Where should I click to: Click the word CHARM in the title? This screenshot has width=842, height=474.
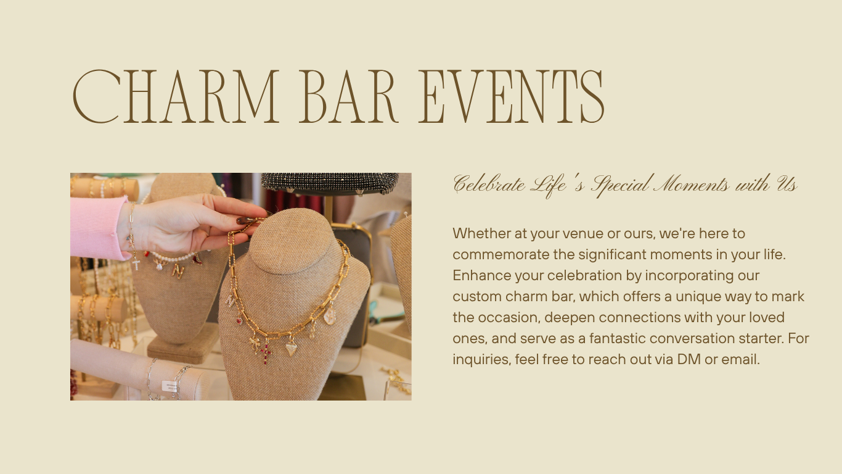click(x=176, y=96)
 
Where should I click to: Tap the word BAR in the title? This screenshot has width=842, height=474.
click(x=348, y=96)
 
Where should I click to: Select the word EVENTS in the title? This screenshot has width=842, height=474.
click(x=512, y=96)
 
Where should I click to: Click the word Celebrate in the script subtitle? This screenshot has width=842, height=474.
click(x=489, y=185)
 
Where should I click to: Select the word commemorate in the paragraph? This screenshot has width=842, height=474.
click(x=501, y=255)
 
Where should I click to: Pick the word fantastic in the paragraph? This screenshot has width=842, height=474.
click(x=618, y=338)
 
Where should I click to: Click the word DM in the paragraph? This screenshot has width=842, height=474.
click(x=689, y=360)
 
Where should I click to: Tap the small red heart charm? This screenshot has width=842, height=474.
click(x=239, y=321)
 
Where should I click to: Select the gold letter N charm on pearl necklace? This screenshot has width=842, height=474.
click(x=178, y=271)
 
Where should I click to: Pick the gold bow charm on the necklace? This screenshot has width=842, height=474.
click(x=254, y=343)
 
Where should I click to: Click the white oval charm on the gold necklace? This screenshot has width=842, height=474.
click(x=329, y=316)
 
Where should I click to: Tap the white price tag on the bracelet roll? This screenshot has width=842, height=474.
click(x=169, y=386)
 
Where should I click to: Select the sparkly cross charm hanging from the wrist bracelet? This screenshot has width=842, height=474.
click(x=136, y=264)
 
